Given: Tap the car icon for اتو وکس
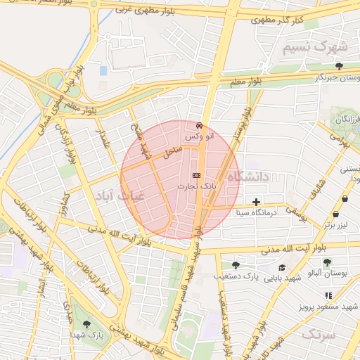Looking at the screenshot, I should pos(200,124).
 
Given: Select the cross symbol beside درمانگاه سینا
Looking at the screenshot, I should pos(266,202).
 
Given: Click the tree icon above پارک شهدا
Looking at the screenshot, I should pos(86,325).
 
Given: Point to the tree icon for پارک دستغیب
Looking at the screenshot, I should pos(235,265).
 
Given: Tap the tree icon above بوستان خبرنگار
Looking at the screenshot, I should pos(339,65).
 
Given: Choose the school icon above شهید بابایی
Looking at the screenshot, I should pos(282,267).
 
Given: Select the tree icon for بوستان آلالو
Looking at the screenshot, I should pos(326,262).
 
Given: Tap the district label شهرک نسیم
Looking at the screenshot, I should pos(315,46).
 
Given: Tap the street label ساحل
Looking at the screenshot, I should pos(173,149).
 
